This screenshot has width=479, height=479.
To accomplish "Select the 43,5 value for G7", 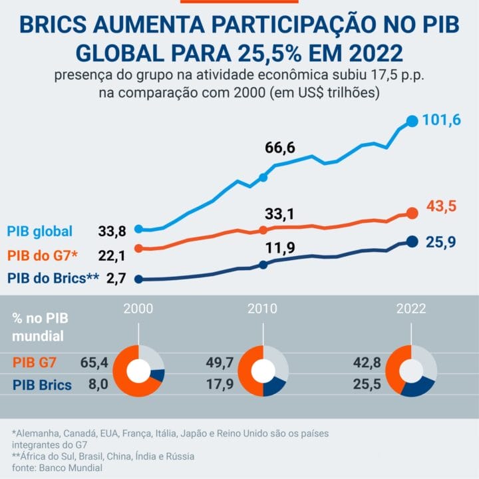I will click(441, 206).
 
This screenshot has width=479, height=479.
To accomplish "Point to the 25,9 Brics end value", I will click(440, 243).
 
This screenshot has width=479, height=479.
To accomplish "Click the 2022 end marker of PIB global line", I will click(412, 121).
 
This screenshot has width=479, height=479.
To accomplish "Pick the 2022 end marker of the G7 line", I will click(412, 214).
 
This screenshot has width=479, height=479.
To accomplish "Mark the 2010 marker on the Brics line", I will click(263, 265).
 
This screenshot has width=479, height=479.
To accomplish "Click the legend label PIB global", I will click(40, 232).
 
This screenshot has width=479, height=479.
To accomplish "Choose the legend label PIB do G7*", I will click(43, 255).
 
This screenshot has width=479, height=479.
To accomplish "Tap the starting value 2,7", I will click(116, 279).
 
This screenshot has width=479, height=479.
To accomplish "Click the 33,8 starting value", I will click(112, 232).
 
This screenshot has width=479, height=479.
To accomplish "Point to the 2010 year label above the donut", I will click(263, 309).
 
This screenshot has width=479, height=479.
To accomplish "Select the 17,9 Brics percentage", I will click(220, 385).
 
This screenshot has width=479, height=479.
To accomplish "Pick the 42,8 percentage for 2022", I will click(368, 363).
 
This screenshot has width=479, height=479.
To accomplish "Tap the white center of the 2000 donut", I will click(138, 371).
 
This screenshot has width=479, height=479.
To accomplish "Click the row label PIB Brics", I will click(43, 385).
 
